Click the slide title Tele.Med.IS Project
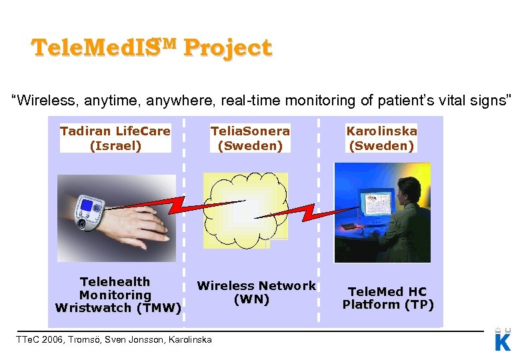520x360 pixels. [x=151, y=49]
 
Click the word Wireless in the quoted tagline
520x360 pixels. [x=39, y=101]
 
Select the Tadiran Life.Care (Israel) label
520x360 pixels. [x=115, y=138]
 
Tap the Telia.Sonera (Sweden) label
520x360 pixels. [x=250, y=138]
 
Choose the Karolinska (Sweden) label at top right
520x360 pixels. [x=381, y=138]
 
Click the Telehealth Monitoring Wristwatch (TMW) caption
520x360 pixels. [x=117, y=295]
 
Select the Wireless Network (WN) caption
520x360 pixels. [x=255, y=292]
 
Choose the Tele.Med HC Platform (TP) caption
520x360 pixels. [x=388, y=298]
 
